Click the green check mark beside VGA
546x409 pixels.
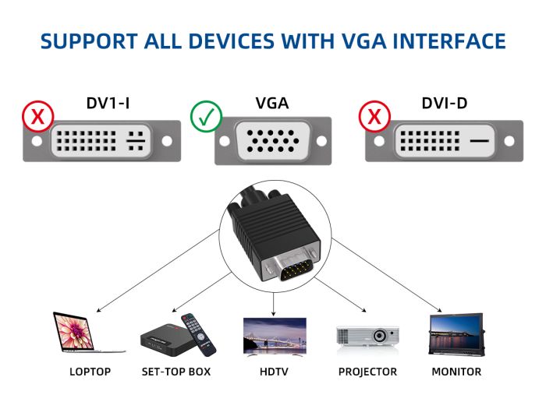(x=206, y=117)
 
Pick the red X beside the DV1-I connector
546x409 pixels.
(x=37, y=117)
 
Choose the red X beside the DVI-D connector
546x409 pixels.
(x=374, y=117)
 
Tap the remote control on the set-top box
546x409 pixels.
(x=195, y=330)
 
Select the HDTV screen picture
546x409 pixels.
(x=274, y=336)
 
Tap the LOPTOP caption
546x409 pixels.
(x=90, y=372)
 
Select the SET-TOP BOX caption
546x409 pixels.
(x=175, y=372)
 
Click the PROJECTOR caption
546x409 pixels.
(x=367, y=372)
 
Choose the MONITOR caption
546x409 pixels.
(x=456, y=372)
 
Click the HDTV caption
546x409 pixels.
(x=274, y=372)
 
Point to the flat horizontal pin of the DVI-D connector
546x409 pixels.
(x=481, y=142)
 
